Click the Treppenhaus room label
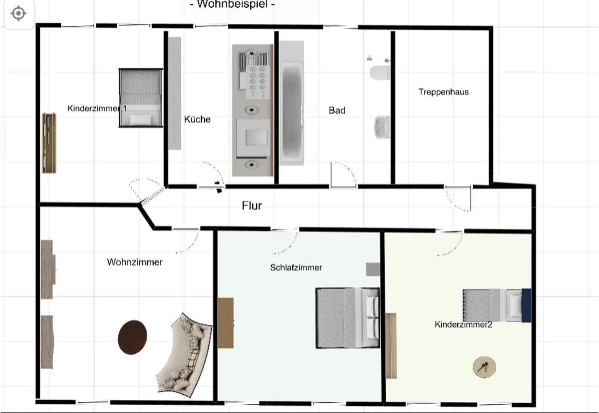(443, 92)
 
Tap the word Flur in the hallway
(251, 206)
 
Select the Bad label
(337, 111)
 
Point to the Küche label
(197, 119)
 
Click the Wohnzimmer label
(135, 262)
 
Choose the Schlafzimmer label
(296, 267)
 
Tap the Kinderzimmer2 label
(464, 325)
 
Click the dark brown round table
(132, 337)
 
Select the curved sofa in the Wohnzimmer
(184, 355)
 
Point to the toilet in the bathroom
(380, 72)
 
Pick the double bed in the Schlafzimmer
(348, 318)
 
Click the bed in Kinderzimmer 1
(141, 98)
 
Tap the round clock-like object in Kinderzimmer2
(484, 367)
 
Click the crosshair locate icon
(18, 13)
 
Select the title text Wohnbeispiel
(232, 4)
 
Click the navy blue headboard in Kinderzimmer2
(526, 305)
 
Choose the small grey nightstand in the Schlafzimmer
(373, 269)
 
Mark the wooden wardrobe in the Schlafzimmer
(225, 323)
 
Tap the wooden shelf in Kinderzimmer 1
(49, 143)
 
